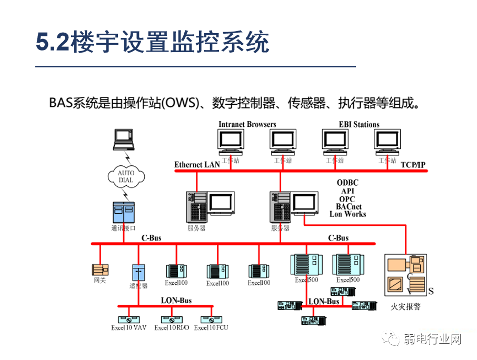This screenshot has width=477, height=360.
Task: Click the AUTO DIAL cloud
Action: (126, 176)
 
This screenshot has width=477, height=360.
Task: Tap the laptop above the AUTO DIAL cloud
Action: (124, 139)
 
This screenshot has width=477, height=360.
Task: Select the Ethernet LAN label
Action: (197, 165)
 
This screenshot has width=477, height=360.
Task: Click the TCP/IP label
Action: (413, 165)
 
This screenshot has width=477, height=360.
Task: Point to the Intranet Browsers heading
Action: (247, 124)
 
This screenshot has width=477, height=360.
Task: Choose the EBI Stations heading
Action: (359, 124)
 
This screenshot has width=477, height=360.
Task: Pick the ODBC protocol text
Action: (347, 183)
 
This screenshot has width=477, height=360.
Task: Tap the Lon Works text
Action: (347, 214)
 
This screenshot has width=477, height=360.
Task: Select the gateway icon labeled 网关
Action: (100, 269)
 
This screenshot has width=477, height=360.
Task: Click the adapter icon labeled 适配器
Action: (138, 272)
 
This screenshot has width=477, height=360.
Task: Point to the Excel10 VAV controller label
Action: (128, 328)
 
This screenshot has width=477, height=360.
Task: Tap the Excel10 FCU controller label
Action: (211, 328)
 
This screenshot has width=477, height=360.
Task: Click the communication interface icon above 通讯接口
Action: (124, 212)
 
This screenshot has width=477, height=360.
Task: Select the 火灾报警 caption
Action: (405, 306)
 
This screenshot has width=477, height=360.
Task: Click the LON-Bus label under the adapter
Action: (176, 301)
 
